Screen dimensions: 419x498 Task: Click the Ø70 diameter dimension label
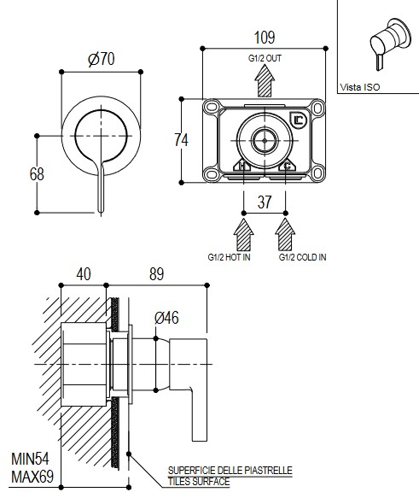click(x=102, y=59)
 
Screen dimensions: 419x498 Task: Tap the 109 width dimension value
click(x=265, y=38)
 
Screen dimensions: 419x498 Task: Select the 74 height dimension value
click(x=181, y=140)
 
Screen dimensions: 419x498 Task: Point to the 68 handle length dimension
click(x=37, y=174)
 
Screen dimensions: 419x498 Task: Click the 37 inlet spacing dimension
click(x=265, y=202)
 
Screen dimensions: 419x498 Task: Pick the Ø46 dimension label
click(x=166, y=318)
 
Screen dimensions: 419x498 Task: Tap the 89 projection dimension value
click(x=157, y=274)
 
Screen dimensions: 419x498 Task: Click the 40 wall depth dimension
click(x=84, y=274)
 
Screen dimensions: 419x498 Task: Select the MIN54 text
click(x=30, y=459)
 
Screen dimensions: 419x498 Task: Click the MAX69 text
click(x=32, y=477)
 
